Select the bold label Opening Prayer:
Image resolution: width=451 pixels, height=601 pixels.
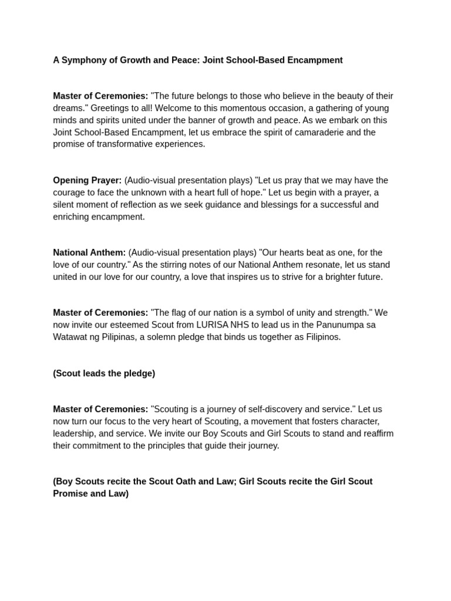87,180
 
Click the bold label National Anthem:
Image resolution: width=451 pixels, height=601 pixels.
89,252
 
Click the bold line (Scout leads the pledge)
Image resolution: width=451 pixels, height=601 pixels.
104,373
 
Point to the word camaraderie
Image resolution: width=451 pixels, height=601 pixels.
316,132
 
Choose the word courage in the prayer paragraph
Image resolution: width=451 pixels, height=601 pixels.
70,193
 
